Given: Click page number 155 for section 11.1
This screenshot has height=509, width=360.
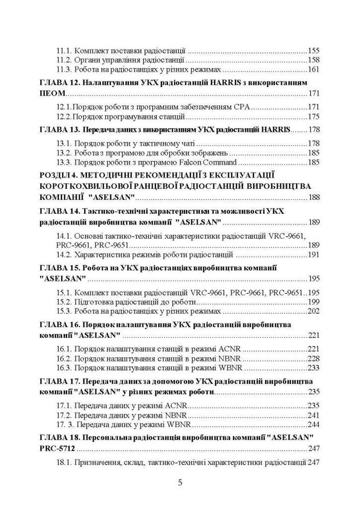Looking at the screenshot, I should [x=314, y=51].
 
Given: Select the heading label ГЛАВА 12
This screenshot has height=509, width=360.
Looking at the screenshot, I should [x=59, y=82].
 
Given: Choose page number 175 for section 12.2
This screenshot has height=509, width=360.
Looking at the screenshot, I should [x=314, y=117].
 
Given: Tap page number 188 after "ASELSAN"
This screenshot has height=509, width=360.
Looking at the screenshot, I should [x=314, y=197].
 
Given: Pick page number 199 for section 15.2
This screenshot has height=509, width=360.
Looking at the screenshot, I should [x=314, y=302].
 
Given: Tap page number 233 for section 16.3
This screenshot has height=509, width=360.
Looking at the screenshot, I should [x=314, y=368].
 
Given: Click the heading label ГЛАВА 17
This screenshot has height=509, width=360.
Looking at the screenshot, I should [x=59, y=381].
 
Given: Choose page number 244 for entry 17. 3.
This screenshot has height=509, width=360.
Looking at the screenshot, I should [x=314, y=425].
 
